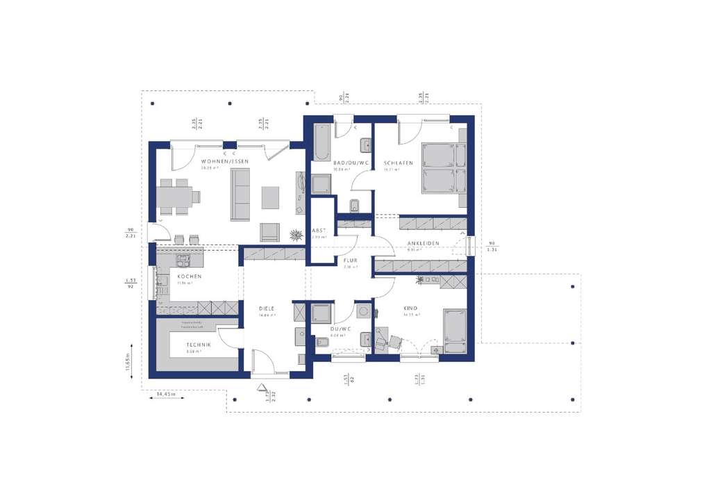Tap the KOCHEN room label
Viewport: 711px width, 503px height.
tap(189, 277)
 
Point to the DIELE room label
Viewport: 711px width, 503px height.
tap(267, 308)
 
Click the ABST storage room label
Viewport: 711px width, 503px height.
tap(319, 231)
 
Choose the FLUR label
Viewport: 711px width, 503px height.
tap(350, 261)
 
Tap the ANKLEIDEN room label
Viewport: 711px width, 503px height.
tap(423, 243)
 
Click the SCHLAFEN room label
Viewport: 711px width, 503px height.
tap(399, 163)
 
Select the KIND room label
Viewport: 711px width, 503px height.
tap(411, 308)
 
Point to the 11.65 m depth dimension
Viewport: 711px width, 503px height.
tap(128, 361)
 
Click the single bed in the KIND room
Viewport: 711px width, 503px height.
tap(458, 330)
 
